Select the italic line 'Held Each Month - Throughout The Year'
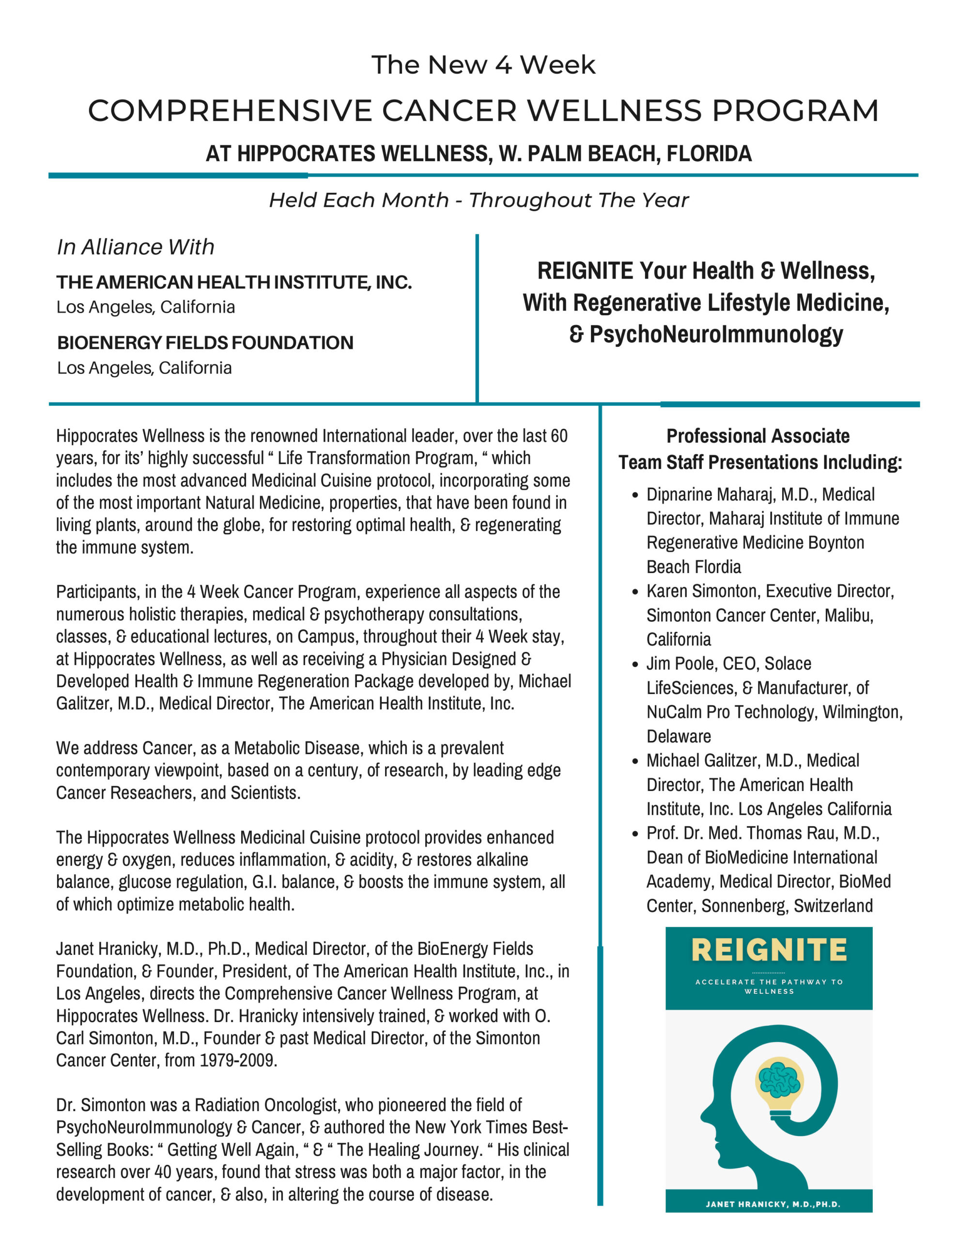coord(478,201)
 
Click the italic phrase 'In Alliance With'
coord(136,247)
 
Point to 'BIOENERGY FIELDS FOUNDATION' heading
coord(205,343)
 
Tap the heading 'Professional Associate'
coord(757,436)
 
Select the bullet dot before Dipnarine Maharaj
coord(635,495)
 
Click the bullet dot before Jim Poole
coord(635,664)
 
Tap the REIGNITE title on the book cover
coord(769,950)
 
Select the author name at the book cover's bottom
coord(773,1204)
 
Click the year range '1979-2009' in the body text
coord(238,1060)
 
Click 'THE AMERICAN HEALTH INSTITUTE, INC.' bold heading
coord(234,282)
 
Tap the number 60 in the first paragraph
coord(559,436)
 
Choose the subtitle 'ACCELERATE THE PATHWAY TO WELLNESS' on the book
coord(769,986)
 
